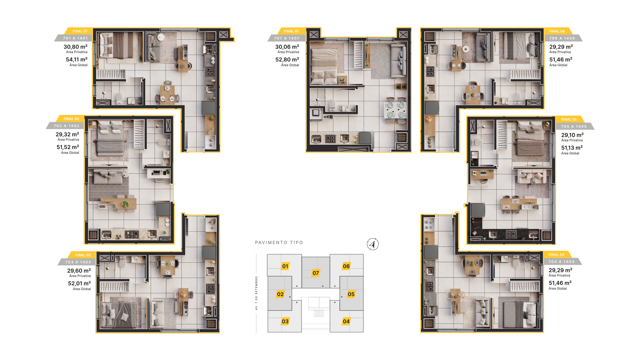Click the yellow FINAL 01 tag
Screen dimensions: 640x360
pyautogui.click(x=80, y=31)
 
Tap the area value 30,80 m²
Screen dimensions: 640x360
pyautogui.click(x=76, y=47)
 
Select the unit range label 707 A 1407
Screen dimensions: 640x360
pyautogui.click(x=287, y=38)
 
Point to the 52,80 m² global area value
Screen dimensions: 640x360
pyautogui.click(x=287, y=60)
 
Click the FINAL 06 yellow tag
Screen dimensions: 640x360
pyautogui.click(x=557, y=31)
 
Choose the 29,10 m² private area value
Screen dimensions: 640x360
pyautogui.click(x=572, y=135)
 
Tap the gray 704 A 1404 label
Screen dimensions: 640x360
pyautogui.click(x=562, y=262)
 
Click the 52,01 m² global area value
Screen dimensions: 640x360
pyautogui.click(x=79, y=283)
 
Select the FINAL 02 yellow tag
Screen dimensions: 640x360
pyautogui.click(x=71, y=119)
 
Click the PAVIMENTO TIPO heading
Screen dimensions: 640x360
pyautogui.click(x=279, y=243)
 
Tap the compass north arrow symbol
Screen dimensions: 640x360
pyautogui.click(x=373, y=244)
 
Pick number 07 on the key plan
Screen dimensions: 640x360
pyautogui.click(x=316, y=273)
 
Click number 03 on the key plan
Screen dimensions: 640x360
pyautogui.click(x=285, y=321)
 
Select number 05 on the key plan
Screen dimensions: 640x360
pyautogui.click(x=351, y=294)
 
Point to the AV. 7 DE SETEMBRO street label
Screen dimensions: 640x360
pyautogui.click(x=256, y=293)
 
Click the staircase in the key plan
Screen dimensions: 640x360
pyautogui.click(x=319, y=313)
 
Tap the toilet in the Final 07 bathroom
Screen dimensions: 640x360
pyautogui.click(x=332, y=105)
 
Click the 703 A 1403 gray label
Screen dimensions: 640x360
pyautogui.click(x=78, y=262)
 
